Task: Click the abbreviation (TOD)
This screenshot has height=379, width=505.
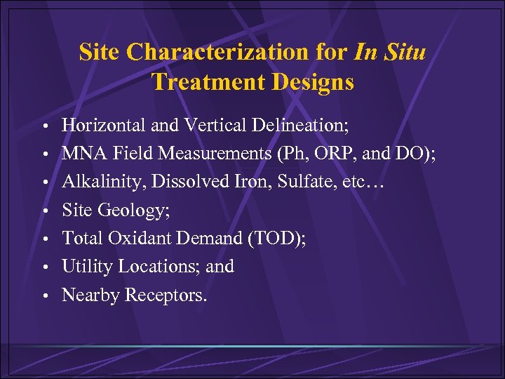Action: coord(276,239)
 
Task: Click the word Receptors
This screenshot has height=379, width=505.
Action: coord(166,295)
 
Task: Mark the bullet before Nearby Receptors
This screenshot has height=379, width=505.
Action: coord(44,296)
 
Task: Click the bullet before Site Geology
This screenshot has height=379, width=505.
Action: coord(44,211)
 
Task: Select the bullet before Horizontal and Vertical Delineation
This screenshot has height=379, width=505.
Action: coord(44,126)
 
